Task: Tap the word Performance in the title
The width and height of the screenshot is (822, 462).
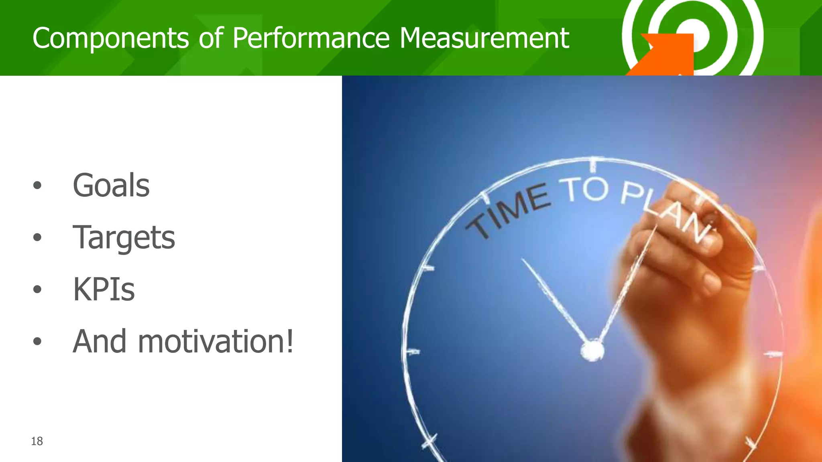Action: point(311,38)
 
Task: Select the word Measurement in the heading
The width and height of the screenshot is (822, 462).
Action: point(484,38)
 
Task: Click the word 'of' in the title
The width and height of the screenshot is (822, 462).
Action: point(211,38)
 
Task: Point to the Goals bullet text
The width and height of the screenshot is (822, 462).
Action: point(111,185)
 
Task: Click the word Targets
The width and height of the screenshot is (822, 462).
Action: point(124,237)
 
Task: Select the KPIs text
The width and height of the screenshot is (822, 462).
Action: point(104,289)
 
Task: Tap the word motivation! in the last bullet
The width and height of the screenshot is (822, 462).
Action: point(216,341)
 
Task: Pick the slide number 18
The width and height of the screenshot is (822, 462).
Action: point(37,441)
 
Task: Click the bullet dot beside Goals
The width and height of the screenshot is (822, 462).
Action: point(37,185)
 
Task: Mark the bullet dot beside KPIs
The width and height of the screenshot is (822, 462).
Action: point(37,289)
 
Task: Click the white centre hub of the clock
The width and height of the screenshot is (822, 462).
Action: point(592,350)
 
